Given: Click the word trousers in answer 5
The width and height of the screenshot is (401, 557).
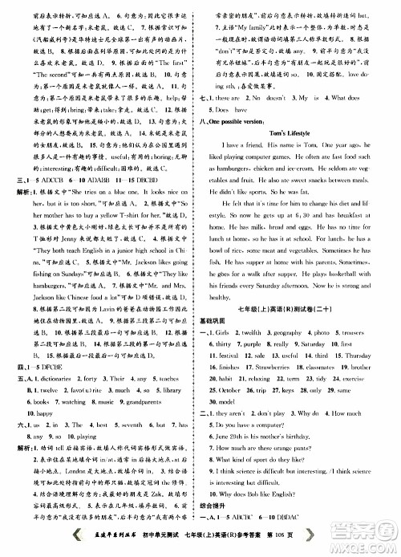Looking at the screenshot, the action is click(371, 354).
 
